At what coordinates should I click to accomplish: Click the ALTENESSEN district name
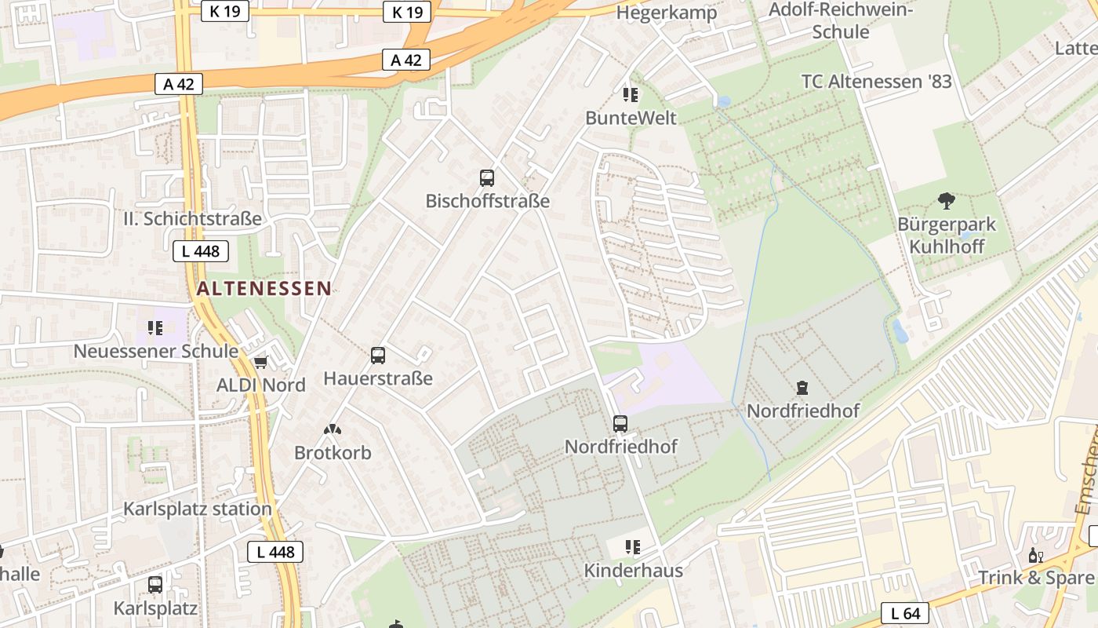264,288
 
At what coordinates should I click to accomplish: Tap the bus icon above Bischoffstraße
487,178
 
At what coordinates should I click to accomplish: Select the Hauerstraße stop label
378,379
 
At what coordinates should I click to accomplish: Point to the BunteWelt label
631,118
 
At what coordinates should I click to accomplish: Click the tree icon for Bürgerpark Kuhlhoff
947,201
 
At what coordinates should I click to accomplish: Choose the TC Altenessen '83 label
876,81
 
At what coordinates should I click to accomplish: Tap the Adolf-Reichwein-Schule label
841,21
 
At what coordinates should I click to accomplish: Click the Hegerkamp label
667,13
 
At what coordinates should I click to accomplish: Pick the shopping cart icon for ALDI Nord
260,362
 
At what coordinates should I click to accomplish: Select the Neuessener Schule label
155,351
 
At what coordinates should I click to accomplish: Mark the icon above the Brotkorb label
333,429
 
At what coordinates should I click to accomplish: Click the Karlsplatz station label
197,509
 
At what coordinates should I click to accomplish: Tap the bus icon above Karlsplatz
155,585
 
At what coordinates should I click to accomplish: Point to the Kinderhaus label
633,571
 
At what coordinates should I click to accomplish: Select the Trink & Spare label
1034,579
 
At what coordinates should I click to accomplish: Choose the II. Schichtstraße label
192,219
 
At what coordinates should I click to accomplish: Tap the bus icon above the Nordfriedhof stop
620,424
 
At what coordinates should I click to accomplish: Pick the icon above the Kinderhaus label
632,546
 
